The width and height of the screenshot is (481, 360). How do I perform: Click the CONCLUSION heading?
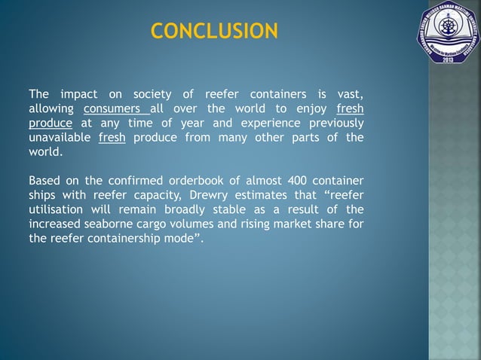point(214,31)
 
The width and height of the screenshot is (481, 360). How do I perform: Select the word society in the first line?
point(152,94)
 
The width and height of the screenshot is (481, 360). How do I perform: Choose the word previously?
point(333,123)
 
